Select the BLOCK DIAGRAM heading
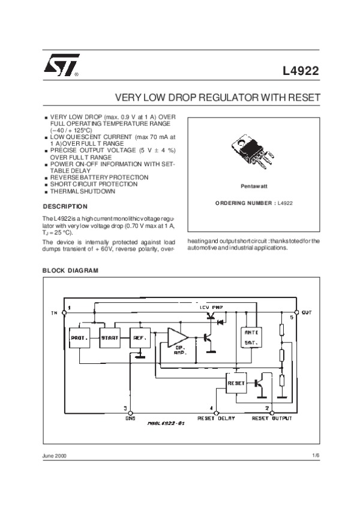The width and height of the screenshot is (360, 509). (x=70, y=271)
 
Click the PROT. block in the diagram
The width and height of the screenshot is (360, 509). (x=80, y=338)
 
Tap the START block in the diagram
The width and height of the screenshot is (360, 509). (x=110, y=338)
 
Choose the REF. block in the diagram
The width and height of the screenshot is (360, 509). (x=140, y=338)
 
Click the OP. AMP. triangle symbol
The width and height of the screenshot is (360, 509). (x=178, y=339)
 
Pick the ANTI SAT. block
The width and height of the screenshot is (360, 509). (x=249, y=338)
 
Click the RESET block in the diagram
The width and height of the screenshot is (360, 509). (x=236, y=382)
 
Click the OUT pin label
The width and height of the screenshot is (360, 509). (x=307, y=313)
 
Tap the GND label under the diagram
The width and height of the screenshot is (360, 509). (x=131, y=418)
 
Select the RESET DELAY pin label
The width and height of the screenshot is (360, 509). (x=217, y=418)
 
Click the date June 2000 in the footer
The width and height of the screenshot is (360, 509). (x=55, y=456)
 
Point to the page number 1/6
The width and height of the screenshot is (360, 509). (x=316, y=456)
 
